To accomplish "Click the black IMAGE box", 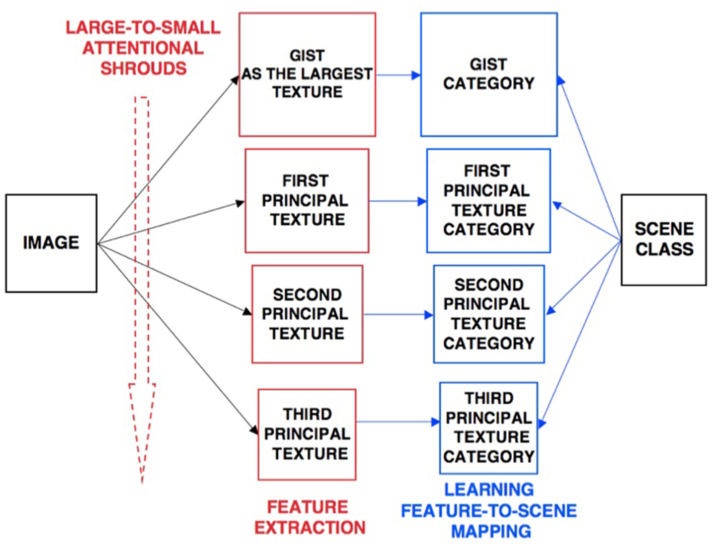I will (x=51, y=243).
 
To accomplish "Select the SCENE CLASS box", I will (x=664, y=240).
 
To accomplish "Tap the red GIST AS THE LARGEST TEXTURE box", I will (x=307, y=74).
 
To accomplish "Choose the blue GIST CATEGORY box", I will (x=489, y=74).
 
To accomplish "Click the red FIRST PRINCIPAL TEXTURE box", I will (x=306, y=201).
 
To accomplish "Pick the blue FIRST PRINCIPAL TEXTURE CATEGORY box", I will (x=488, y=201).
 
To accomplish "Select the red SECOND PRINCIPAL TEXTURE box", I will (x=307, y=314).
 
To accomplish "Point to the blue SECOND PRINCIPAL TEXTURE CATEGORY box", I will (x=489, y=314).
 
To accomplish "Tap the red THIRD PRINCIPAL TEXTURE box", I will (x=307, y=434).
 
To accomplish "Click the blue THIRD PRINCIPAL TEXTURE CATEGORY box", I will (x=489, y=428).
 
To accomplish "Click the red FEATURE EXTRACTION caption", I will (x=309, y=517).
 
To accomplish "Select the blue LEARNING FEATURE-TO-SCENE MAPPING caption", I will (x=489, y=510).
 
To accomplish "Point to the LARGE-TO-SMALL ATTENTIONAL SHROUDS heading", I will (x=143, y=48).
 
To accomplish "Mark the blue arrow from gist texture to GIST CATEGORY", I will (x=398, y=75).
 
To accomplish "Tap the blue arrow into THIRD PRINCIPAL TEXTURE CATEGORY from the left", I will (x=398, y=422).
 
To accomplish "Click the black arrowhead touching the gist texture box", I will (x=235, y=79).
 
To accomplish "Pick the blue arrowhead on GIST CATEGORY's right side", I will (x=561, y=80).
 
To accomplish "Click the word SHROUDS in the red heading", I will (x=143, y=68).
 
